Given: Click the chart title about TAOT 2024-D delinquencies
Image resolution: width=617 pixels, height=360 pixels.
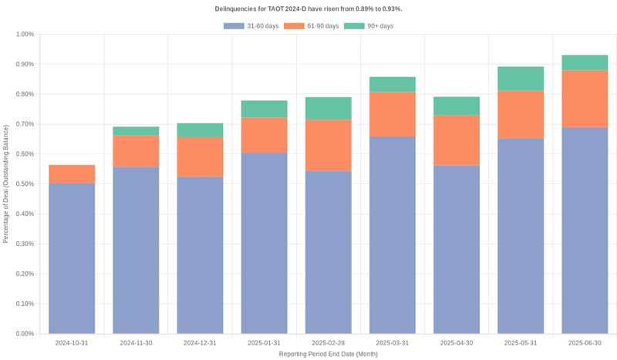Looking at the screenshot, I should tap(308, 8).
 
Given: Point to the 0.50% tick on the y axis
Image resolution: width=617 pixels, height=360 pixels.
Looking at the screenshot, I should tap(23, 184).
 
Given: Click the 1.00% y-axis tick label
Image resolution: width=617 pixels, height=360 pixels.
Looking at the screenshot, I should tap(23, 35).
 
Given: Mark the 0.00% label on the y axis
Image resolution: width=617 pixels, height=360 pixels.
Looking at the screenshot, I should tap(23, 334).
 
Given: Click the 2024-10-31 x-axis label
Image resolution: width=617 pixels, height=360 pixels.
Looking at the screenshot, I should tap(72, 342).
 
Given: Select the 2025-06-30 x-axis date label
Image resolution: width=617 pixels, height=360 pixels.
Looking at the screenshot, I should tap(585, 342).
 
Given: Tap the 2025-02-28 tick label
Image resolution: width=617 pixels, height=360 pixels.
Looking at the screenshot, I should tap(329, 342).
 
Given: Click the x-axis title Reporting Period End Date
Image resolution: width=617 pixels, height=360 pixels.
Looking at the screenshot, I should tap(329, 354).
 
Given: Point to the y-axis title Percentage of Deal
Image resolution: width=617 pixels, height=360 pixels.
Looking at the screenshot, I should tap(6, 184).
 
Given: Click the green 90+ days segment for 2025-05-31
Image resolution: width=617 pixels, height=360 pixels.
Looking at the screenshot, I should tap(521, 79).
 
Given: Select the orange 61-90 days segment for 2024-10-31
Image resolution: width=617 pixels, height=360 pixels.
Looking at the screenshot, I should tap(72, 174).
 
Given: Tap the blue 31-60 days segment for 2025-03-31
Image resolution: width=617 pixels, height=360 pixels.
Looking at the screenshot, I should tap(393, 235).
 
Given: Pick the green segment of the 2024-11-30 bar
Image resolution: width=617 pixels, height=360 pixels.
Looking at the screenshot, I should tap(136, 131).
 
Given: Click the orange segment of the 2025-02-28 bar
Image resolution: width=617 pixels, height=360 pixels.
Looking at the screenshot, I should tap(329, 145).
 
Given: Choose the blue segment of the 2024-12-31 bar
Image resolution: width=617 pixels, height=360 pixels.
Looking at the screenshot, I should tap(200, 255).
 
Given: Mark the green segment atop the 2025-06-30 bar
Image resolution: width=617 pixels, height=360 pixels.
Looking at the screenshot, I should tap(585, 62).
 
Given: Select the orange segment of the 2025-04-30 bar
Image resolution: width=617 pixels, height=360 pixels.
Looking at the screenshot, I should tap(457, 140).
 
